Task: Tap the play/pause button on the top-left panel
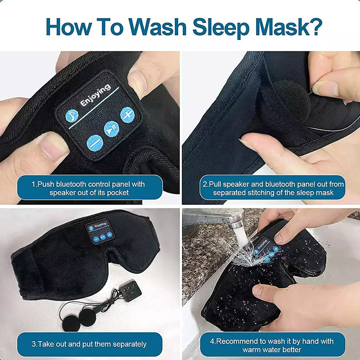[x=112, y=128]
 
